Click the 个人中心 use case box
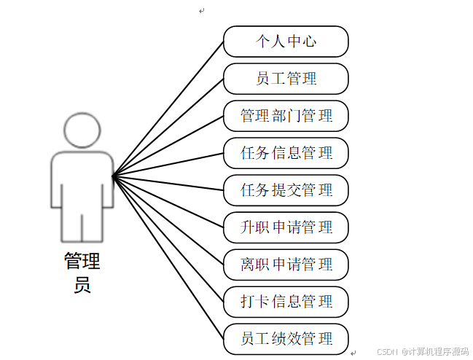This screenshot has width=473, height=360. [286, 42]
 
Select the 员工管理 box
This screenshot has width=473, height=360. [286, 79]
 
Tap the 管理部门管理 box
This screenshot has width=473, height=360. [286, 116]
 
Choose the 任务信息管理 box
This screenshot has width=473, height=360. [286, 153]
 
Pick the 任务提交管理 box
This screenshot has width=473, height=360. [286, 190]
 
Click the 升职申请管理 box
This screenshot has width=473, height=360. [286, 227]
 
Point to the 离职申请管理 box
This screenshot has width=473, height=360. [286, 265]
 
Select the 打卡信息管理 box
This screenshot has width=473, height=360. [286, 302]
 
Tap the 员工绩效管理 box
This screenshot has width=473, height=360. [286, 339]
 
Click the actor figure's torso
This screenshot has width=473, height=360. [82, 179]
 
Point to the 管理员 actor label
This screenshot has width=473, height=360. [82, 271]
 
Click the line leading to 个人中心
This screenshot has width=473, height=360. [168, 109]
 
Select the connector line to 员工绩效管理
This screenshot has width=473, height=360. [168, 257]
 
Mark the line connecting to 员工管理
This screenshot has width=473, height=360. [168, 127]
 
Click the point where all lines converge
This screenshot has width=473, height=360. [113, 176]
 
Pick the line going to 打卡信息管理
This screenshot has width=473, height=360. [168, 238]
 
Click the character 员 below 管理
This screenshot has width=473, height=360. [82, 283]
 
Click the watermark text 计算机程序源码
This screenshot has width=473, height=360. [438, 352]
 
